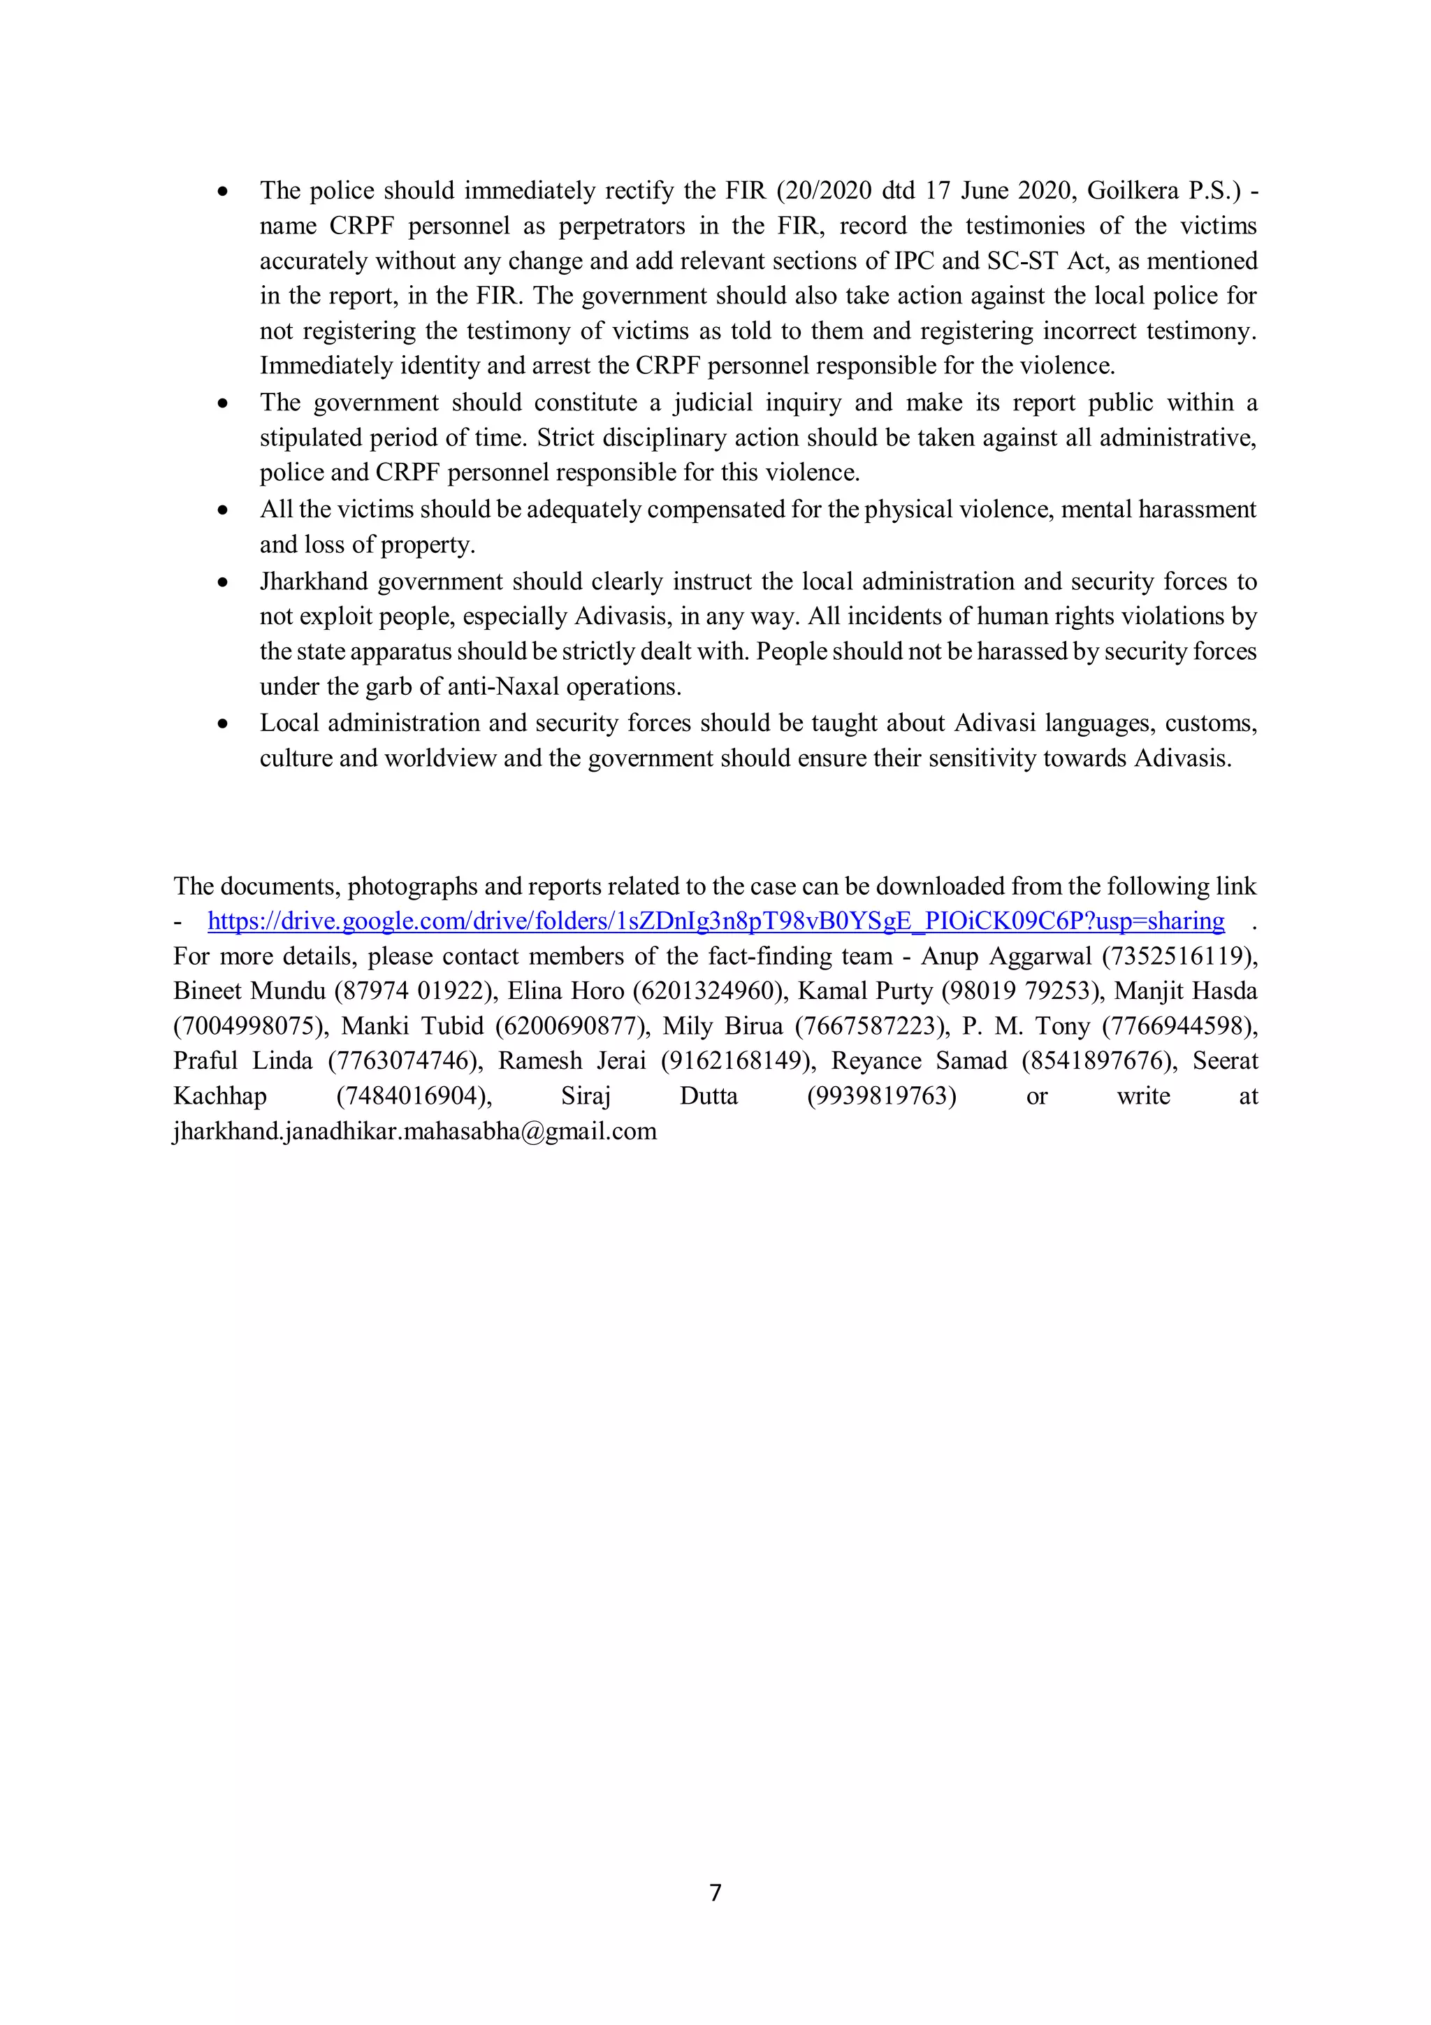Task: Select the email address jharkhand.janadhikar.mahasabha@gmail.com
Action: pyautogui.click(x=414, y=1132)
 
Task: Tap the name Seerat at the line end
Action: pyautogui.click(x=1225, y=1061)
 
